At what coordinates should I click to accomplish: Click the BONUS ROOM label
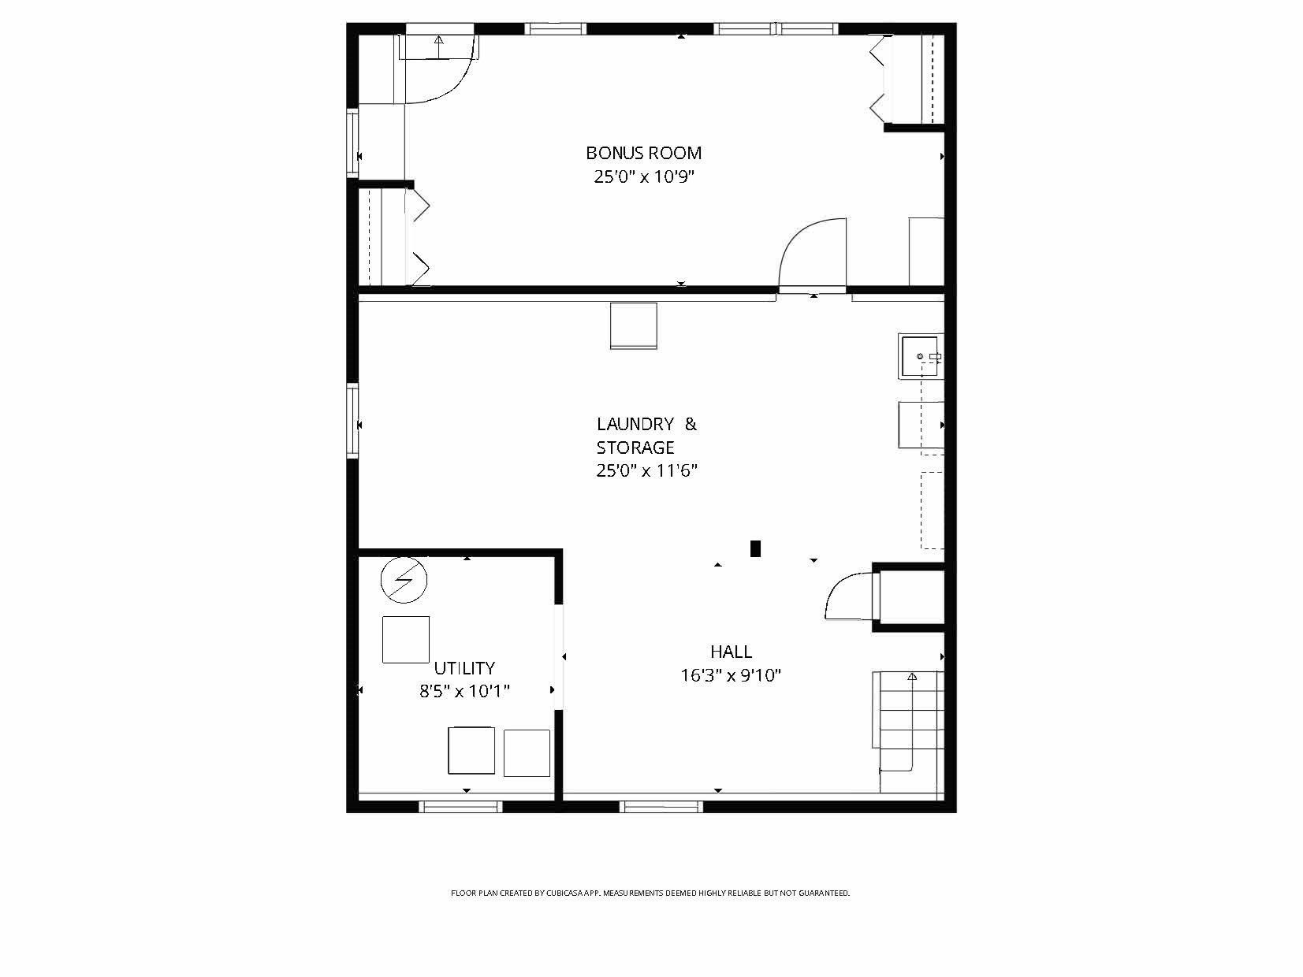(x=643, y=153)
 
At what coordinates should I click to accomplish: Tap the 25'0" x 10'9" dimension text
(x=643, y=176)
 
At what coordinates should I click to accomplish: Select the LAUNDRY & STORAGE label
(x=646, y=436)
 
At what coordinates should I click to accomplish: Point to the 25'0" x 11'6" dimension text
(x=646, y=471)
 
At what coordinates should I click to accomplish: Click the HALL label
(x=731, y=652)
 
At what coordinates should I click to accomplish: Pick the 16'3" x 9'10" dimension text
(x=731, y=675)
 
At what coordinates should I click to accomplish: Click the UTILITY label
(x=464, y=668)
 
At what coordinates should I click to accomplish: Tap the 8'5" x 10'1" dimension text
(x=464, y=692)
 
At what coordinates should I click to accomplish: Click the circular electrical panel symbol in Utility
(x=404, y=581)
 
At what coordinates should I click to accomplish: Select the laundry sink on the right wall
(x=919, y=357)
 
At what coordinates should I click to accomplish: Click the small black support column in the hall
(x=755, y=548)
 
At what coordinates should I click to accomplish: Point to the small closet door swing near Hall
(x=847, y=597)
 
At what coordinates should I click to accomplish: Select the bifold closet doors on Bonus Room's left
(x=419, y=236)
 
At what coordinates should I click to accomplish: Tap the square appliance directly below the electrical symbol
(x=405, y=640)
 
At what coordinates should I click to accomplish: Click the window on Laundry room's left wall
(x=352, y=420)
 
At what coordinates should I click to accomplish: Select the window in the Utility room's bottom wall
(x=460, y=806)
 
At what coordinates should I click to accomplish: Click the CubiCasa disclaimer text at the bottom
(x=650, y=893)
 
